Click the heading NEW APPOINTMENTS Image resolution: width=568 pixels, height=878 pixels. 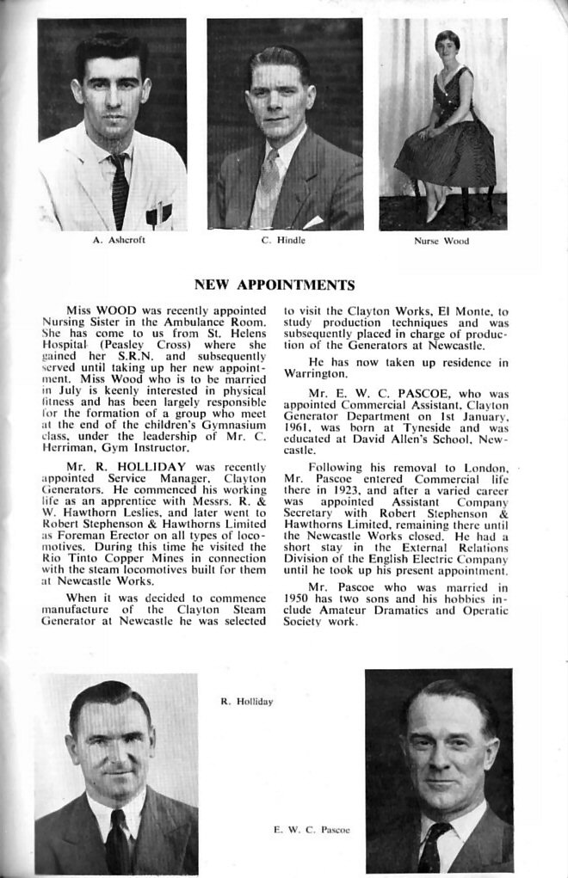(x=275, y=285)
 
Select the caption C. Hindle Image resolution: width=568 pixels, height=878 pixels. (x=283, y=241)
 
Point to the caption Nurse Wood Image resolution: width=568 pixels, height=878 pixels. (x=441, y=242)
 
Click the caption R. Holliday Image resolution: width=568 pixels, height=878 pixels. (x=247, y=702)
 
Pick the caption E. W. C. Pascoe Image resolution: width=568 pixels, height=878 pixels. (x=312, y=830)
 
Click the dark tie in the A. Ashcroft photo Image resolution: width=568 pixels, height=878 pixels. (x=118, y=189)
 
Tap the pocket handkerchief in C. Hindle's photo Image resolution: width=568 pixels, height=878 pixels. (x=312, y=222)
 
